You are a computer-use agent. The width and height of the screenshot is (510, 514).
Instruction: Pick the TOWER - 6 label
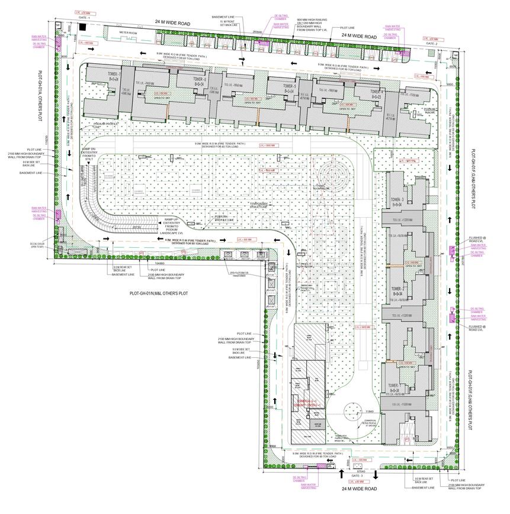pos(198,80)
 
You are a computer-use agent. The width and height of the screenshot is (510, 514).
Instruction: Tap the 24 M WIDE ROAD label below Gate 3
pos(358,489)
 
